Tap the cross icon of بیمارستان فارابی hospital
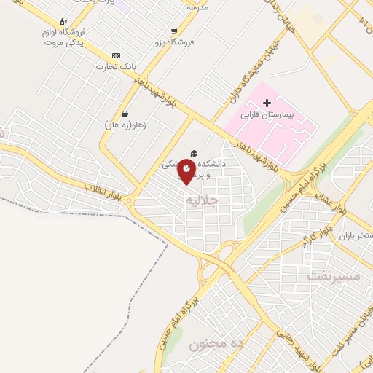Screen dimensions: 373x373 (x=267, y=103)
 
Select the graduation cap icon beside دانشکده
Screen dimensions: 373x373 (x=194, y=153)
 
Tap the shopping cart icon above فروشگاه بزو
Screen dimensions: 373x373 (x=173, y=31)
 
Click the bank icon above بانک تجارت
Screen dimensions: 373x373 (x=115, y=56)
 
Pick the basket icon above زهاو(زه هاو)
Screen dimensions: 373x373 (x=125, y=114)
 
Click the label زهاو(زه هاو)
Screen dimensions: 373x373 (x=126, y=125)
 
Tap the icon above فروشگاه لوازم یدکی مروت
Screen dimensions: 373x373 (x=63, y=22)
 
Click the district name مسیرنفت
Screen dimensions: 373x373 (x=334, y=277)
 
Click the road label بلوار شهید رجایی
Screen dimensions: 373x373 (x=296, y=347)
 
